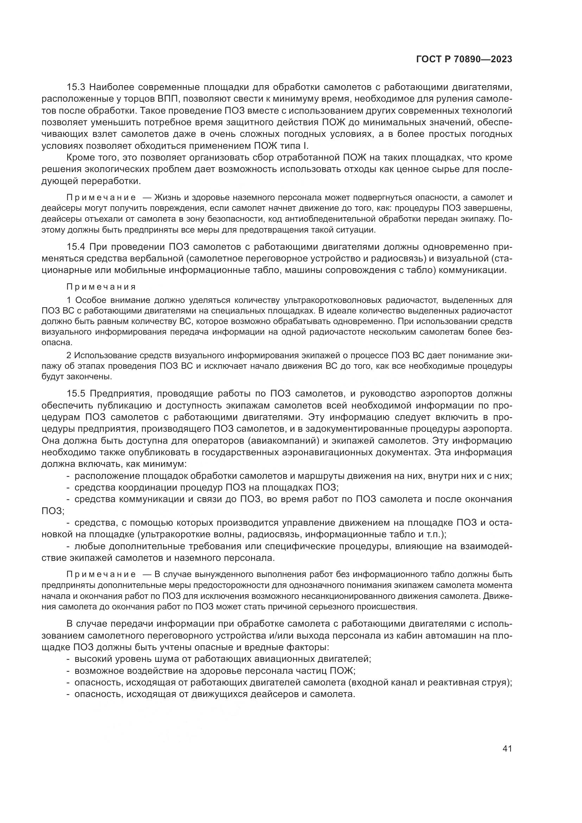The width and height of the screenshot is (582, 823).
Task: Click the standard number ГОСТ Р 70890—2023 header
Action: pos(464,59)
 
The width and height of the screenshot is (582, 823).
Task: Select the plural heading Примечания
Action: pos(101,287)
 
